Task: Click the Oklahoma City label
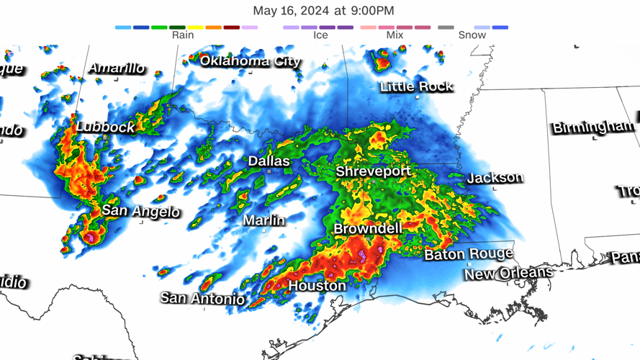(x=250, y=61)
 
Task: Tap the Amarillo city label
(x=117, y=68)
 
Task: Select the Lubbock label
(x=105, y=127)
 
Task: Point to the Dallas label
(x=269, y=161)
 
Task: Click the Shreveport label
(x=373, y=171)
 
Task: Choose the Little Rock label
(x=416, y=86)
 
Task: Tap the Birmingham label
(x=593, y=127)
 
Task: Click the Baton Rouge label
(x=468, y=253)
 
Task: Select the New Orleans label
(x=508, y=274)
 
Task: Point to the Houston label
(x=317, y=286)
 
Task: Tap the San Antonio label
(x=202, y=297)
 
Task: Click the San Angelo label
(x=140, y=211)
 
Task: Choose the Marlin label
(x=263, y=220)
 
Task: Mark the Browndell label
(x=367, y=228)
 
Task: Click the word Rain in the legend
(x=183, y=35)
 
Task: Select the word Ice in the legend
(x=320, y=35)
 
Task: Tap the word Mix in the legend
(x=395, y=35)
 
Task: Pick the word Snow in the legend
(x=472, y=35)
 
